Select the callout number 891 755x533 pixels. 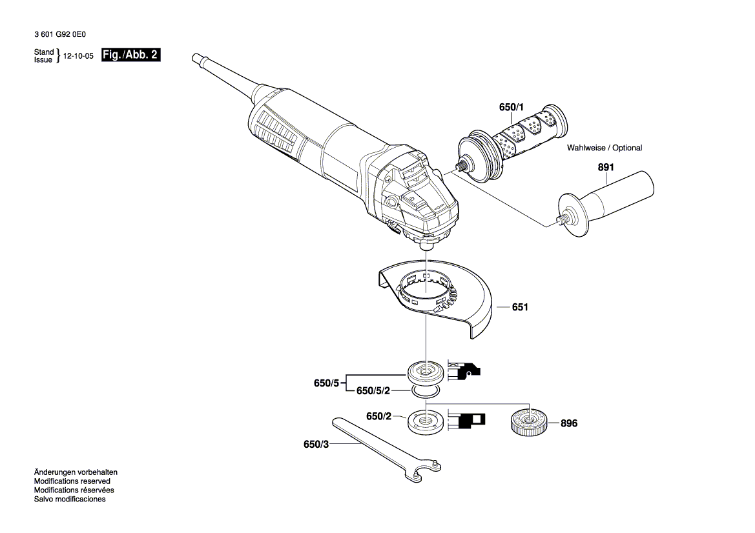pos(606,168)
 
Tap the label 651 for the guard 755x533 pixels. pos(520,307)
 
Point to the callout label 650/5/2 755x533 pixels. pos(373,391)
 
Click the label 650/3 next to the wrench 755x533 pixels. pos(316,445)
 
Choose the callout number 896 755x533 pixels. pos(568,424)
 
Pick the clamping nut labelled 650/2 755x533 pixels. pos(425,421)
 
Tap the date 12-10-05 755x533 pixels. pos(79,56)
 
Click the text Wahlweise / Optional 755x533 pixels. pos(605,148)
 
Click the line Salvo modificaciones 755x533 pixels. pos(70,499)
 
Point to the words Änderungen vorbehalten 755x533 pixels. pos(76,472)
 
